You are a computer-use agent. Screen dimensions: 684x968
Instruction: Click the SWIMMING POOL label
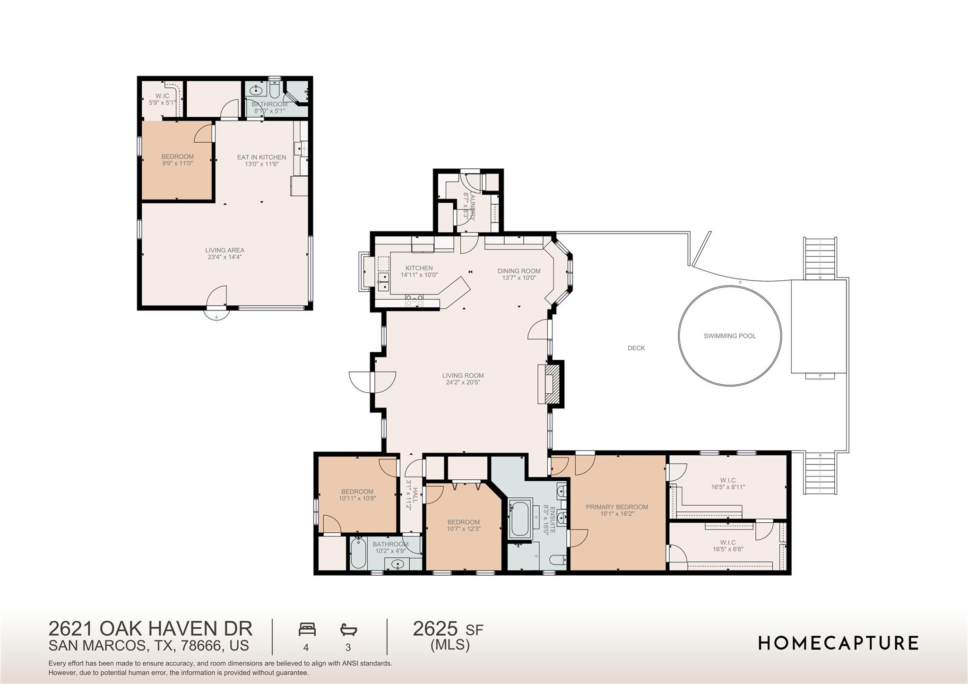729,336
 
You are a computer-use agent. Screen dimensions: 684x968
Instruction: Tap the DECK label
636,348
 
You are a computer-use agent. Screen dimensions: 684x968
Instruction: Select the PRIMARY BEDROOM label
617,507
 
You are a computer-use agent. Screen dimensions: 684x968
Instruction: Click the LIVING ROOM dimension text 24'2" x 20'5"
463,382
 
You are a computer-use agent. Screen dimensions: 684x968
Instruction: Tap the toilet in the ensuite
558,560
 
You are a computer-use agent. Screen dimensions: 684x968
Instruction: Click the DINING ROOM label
519,271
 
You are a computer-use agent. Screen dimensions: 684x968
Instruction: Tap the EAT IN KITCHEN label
261,157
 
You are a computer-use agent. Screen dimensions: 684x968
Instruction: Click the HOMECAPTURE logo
838,643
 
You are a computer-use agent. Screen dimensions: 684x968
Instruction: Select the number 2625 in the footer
435,629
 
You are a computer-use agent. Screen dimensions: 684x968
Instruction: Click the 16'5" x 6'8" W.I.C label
727,546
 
